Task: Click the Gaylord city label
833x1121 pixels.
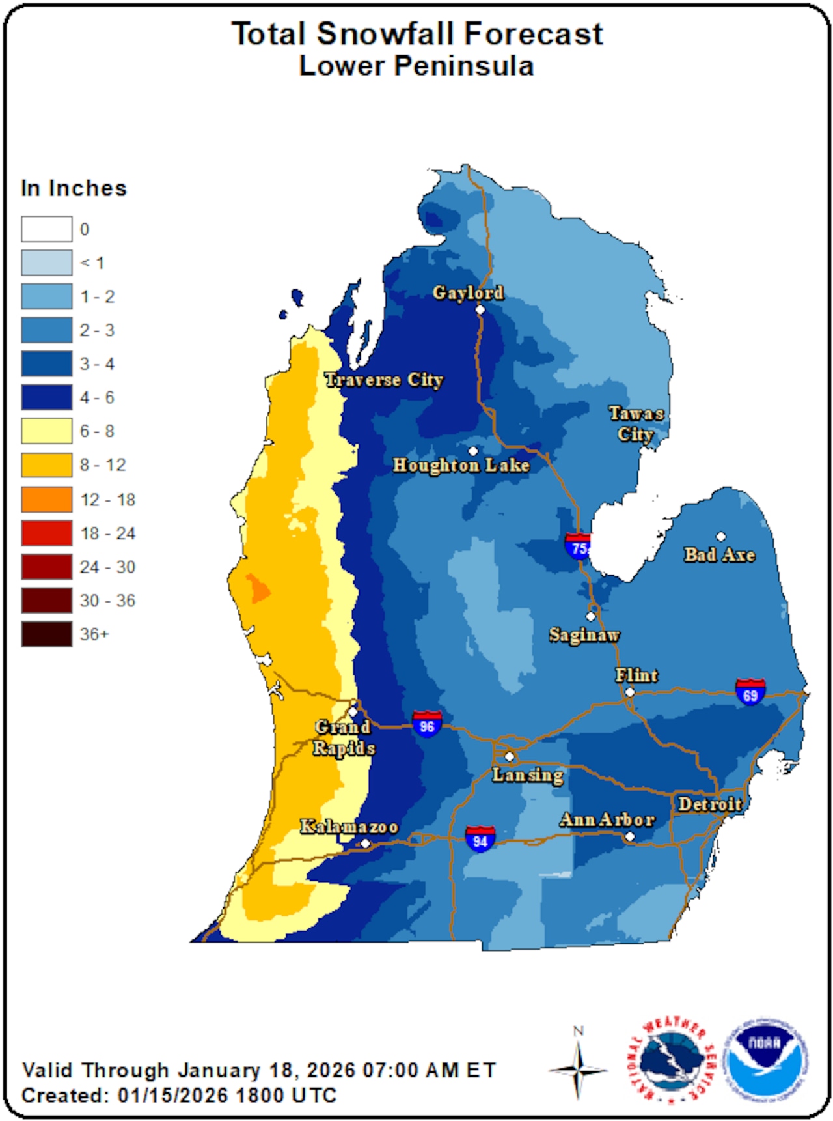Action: (468, 293)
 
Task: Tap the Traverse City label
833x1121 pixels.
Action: (384, 380)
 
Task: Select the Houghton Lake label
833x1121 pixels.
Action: (461, 465)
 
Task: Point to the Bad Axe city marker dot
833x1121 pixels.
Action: (720, 537)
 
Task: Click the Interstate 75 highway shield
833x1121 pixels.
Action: (577, 546)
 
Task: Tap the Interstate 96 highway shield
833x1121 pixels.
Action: (427, 724)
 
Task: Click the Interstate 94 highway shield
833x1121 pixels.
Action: (480, 838)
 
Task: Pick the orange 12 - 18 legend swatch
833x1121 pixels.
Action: (47, 500)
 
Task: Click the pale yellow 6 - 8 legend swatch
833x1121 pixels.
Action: (47, 431)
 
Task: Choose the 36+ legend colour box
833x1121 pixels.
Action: (47, 634)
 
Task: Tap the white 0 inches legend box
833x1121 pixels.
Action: (47, 229)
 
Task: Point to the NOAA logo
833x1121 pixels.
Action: (767, 1060)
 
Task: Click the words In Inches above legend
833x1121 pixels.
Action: (74, 188)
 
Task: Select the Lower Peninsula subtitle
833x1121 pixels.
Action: (416, 66)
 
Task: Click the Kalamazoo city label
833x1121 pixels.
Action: (349, 827)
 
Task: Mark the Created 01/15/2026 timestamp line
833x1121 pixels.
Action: (179, 1096)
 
